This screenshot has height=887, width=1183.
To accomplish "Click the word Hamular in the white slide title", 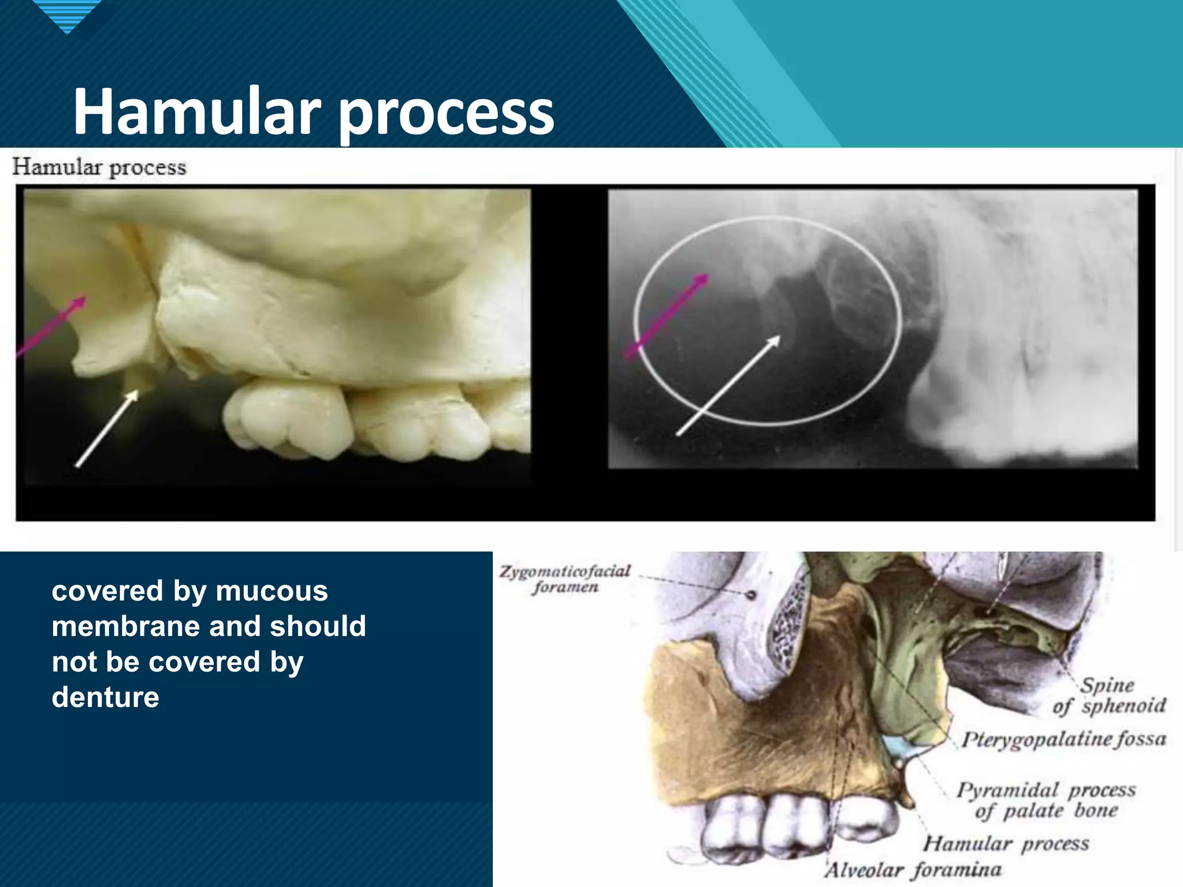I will click(196, 111).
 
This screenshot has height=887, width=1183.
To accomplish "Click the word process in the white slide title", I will click(446, 113).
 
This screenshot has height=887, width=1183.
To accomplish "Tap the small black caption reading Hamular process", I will click(99, 167).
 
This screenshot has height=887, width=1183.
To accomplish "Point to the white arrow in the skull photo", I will click(107, 428).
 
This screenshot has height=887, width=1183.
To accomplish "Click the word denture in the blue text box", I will click(105, 697).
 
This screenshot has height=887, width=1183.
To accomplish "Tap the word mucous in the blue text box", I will click(271, 591).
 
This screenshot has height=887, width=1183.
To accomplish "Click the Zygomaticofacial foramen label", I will click(564, 579).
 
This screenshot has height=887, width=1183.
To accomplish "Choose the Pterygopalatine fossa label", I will click(1063, 739).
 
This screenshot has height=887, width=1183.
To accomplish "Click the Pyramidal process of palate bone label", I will click(1046, 800).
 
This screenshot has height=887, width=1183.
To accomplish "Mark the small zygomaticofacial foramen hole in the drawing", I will click(752, 594).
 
